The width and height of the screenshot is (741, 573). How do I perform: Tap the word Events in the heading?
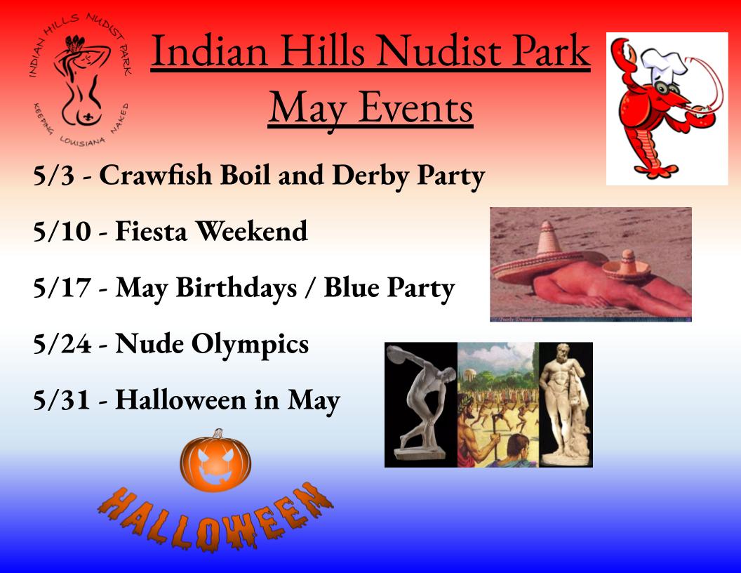416,108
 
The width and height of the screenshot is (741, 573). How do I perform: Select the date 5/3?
54,176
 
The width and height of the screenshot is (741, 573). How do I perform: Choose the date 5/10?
62,232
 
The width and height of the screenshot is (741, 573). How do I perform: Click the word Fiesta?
152,231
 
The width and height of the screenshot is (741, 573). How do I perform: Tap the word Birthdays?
236,287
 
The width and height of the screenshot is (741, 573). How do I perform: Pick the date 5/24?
62,343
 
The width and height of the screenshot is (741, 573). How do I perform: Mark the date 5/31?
62,400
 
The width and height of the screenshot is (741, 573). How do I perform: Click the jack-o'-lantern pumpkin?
215,460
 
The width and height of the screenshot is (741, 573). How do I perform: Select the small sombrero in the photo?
627,266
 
